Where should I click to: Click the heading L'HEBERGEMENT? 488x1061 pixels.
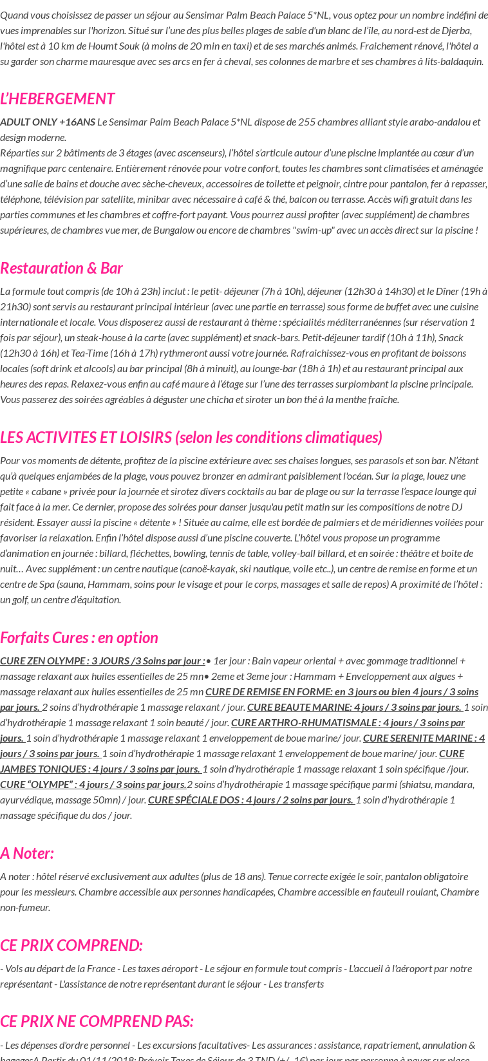[x=57, y=99]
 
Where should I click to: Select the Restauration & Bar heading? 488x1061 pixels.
[x=61, y=268]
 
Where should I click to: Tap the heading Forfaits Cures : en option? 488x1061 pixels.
[x=79, y=637]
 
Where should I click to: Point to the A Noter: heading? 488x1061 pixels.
[x=27, y=853]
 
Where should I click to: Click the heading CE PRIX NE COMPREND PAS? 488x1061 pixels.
[x=97, y=1021]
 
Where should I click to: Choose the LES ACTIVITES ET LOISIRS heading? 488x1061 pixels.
[x=191, y=437]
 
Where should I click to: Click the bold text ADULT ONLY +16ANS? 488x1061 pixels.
[x=48, y=122]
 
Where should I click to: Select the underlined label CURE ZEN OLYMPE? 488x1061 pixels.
[x=102, y=661]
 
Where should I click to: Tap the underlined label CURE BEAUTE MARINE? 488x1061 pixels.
[x=354, y=708]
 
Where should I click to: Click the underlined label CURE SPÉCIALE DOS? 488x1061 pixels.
[x=250, y=800]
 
